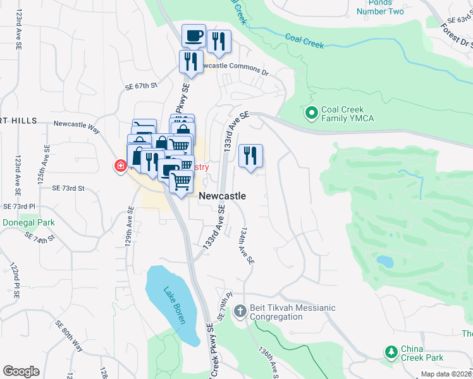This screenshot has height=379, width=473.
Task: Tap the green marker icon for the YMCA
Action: (x=311, y=114)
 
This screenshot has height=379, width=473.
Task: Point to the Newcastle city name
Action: (x=222, y=196)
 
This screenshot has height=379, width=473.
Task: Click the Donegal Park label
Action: (x=28, y=222)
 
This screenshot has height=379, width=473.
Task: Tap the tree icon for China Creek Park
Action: (x=391, y=352)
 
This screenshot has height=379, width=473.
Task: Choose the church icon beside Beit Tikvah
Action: (x=240, y=311)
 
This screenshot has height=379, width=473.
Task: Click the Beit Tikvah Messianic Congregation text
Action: (x=292, y=312)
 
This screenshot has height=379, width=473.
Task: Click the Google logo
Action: (x=21, y=371)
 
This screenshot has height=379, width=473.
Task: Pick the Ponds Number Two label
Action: (x=380, y=7)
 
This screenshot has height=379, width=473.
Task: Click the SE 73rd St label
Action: (x=68, y=188)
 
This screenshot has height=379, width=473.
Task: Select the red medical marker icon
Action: (x=120, y=166)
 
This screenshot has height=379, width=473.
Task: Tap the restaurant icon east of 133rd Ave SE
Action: (x=250, y=155)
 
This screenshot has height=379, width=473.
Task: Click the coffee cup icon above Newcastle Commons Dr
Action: (x=193, y=35)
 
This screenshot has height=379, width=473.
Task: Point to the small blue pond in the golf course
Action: (x=384, y=261)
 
